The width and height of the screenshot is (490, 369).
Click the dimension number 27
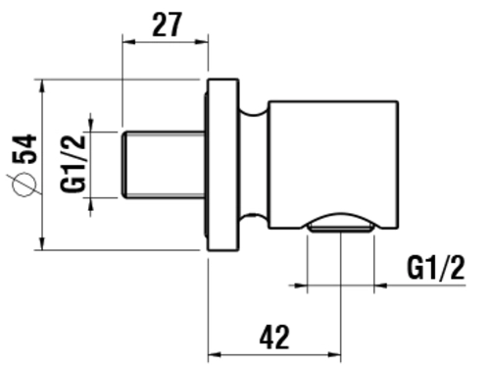click(167, 25)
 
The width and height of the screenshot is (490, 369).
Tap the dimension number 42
click(274, 337)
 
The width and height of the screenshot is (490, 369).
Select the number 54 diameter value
click(24, 148)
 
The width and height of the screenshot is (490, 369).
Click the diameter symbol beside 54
click(24, 184)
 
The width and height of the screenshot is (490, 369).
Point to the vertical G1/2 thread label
click(73, 164)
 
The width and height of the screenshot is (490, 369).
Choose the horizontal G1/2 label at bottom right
click(435, 268)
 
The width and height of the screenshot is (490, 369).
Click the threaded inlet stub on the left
click(164, 165)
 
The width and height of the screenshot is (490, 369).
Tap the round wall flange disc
click(223, 165)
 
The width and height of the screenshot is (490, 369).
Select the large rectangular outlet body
click(333, 165)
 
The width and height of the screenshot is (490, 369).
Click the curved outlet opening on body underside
click(341, 223)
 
